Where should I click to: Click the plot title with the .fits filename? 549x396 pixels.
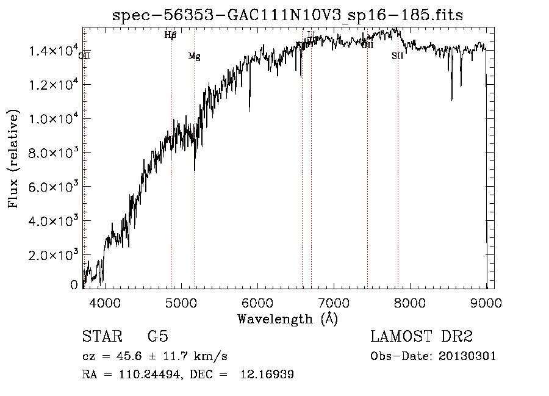(x=288, y=15)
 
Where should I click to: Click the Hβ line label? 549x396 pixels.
(x=171, y=35)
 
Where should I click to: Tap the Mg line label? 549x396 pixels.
(x=194, y=56)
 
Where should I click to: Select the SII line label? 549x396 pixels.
(x=397, y=56)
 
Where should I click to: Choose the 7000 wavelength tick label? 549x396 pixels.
(x=334, y=302)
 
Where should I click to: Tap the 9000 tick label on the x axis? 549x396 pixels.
(x=486, y=302)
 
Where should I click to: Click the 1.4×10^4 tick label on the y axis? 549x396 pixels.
(x=53, y=51)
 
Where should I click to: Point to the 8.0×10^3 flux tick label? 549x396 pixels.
(x=53, y=152)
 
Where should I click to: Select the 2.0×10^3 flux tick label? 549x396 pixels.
(x=53, y=254)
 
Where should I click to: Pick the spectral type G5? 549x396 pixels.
(x=158, y=337)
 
